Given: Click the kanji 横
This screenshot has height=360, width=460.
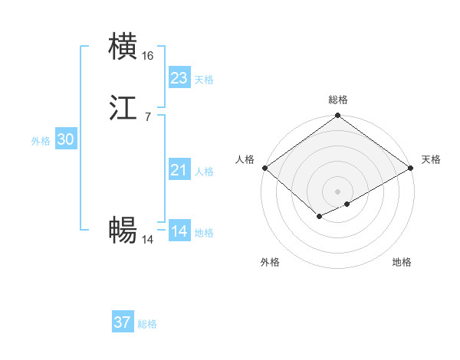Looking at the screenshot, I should coord(123,47).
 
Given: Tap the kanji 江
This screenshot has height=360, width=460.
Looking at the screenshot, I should coord(123,110).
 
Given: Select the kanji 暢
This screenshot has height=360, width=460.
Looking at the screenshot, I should coord(123,230).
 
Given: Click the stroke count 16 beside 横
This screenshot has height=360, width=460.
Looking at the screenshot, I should coord(148,56).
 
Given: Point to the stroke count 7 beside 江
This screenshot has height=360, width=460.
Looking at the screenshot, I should coord(147,117).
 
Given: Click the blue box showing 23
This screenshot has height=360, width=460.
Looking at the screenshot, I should coord(179,78).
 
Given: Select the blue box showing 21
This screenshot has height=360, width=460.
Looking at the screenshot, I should coord(179,170).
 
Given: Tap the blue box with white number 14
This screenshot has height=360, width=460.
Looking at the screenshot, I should coord(179,231).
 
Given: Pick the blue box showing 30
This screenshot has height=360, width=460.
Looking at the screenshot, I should coord(65,139).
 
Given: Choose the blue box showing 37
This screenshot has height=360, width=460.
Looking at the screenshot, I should coord(123,322).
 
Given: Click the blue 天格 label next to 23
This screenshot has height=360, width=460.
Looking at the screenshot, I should coord(204,80).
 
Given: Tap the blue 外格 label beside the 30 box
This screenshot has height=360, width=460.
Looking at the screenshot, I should coord(41,141).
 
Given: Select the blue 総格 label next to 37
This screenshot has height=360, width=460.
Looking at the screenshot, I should coord(147,324).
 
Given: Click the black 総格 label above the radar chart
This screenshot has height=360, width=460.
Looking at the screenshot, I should coord(338,100).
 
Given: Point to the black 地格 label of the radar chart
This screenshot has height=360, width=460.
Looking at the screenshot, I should coord(402,262).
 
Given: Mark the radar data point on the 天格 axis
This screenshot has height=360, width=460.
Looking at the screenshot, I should coord(412,168).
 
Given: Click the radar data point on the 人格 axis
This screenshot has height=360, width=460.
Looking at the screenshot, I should coord(264,168).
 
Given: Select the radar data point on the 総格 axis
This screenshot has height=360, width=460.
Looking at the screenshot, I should coord(338,116).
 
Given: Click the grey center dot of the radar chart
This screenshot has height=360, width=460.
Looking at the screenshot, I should coord(338,191).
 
